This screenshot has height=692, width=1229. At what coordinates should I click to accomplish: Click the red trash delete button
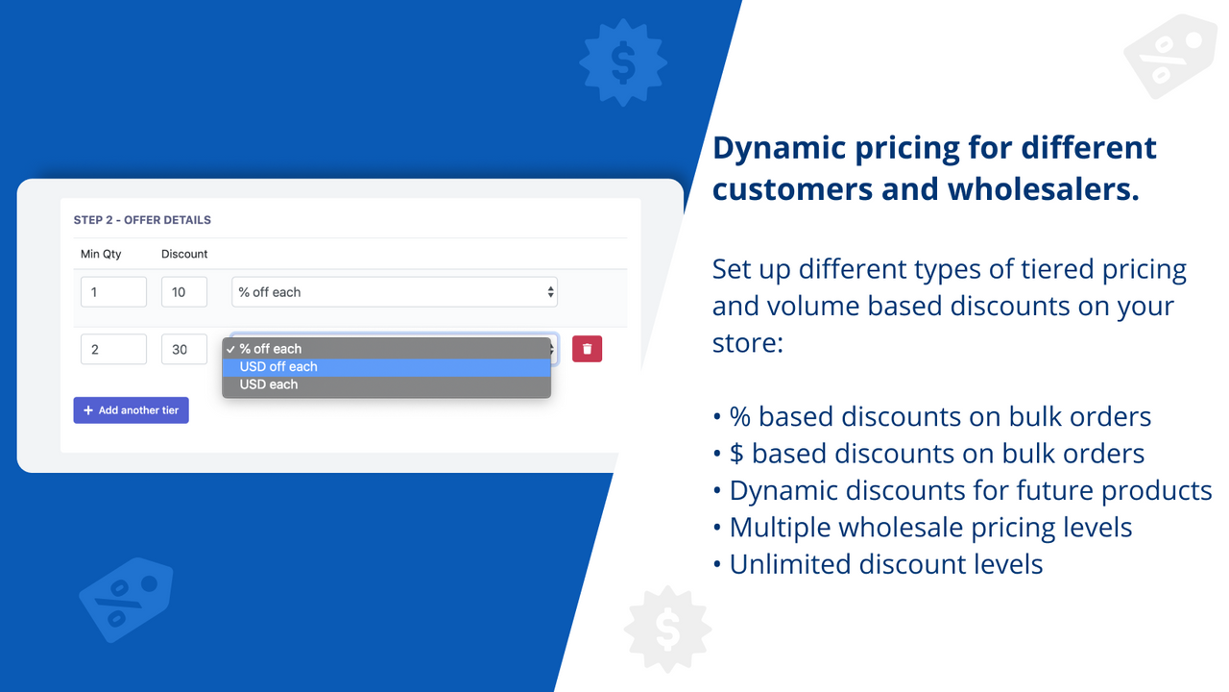[x=587, y=349]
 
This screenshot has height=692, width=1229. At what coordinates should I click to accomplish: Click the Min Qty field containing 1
[x=113, y=292]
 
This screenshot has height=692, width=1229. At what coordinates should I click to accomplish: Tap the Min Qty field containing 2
[x=113, y=349]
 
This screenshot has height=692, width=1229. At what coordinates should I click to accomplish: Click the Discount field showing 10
[x=184, y=292]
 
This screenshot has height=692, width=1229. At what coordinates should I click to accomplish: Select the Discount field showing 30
[x=184, y=349]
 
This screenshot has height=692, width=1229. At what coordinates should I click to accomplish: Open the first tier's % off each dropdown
[x=394, y=292]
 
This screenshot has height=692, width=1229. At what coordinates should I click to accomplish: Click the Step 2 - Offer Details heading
[x=142, y=220]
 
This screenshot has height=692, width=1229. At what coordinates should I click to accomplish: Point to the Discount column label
[x=184, y=254]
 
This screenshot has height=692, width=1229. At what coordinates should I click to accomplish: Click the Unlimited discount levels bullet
[x=886, y=564]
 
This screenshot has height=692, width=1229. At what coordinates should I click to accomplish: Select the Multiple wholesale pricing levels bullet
[x=930, y=528]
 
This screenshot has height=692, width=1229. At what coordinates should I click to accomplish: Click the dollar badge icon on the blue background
[x=623, y=63]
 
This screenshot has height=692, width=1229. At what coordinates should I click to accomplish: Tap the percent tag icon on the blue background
[x=125, y=599]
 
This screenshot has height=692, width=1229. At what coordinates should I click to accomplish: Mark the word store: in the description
[x=748, y=342]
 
